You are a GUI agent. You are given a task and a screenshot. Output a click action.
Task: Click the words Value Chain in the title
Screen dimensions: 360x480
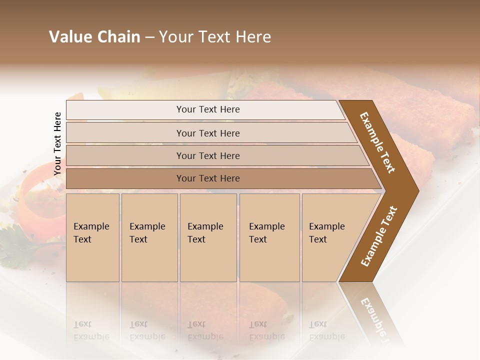(94, 37)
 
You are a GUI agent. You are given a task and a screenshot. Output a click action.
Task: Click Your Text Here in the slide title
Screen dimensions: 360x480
(215, 37)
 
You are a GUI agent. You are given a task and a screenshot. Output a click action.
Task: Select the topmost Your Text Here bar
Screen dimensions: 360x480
(208, 109)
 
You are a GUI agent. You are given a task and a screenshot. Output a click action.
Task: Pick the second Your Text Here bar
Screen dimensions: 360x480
(208, 133)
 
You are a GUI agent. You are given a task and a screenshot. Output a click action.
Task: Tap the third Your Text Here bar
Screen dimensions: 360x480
(208, 155)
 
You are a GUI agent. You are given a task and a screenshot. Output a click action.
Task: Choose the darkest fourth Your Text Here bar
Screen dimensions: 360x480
(208, 178)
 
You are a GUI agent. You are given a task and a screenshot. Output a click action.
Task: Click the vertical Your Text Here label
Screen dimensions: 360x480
(57, 143)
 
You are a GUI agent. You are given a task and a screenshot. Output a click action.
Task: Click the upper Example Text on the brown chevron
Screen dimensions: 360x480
(377, 143)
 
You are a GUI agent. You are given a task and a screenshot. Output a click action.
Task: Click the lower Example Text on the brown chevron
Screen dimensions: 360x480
(379, 236)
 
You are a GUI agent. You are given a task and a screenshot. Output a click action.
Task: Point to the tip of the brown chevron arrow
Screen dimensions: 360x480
(417, 190)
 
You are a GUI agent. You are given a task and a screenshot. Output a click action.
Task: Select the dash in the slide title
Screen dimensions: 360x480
(149, 37)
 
